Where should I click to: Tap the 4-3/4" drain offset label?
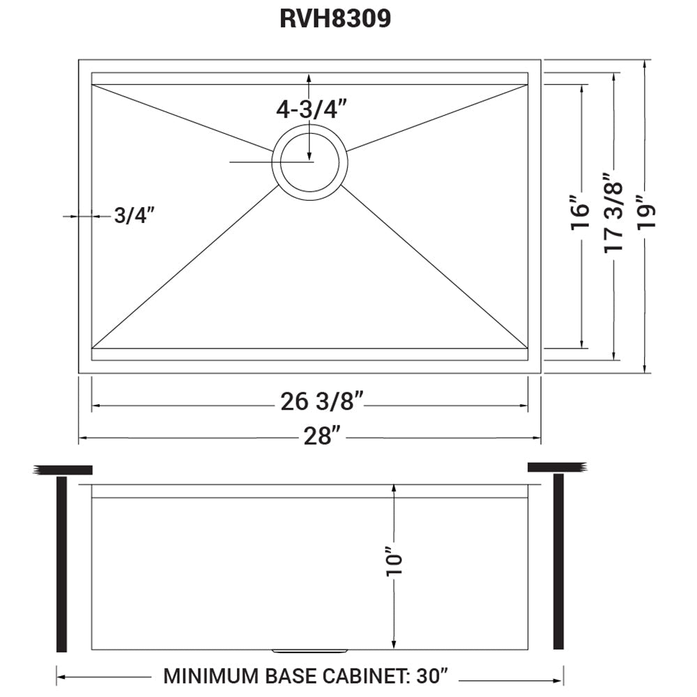[312, 109]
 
